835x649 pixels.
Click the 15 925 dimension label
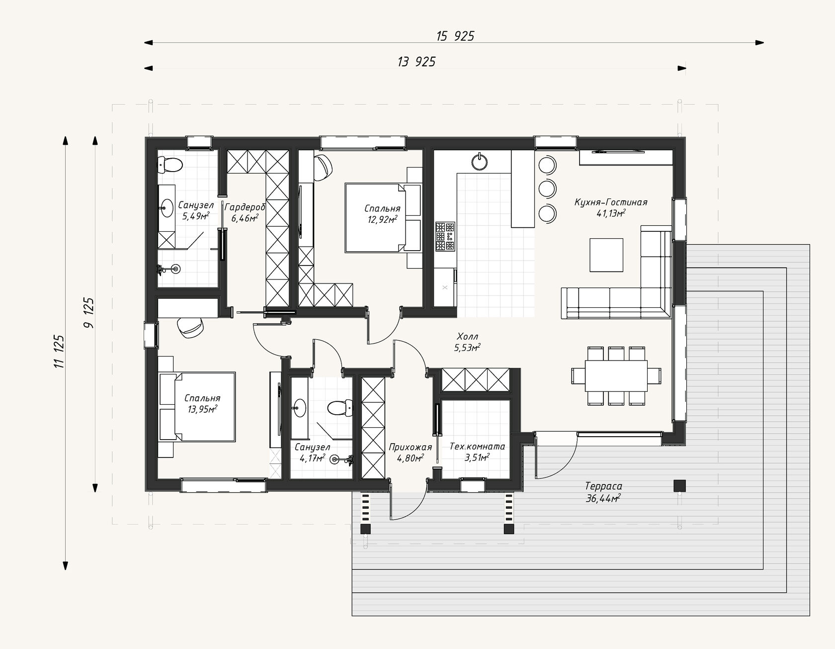coord(455,36)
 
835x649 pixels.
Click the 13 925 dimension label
coord(417,62)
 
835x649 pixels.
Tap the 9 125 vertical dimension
coord(89,312)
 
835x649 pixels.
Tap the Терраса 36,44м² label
coord(603,492)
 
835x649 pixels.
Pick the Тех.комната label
coord(477,447)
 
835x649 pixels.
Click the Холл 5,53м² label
coord(467,342)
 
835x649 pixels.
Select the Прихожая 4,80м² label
coord(411,452)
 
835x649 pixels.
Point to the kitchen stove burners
coord(445,236)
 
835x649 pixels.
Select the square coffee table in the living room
coord(606,255)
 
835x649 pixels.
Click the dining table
coord(616,375)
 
